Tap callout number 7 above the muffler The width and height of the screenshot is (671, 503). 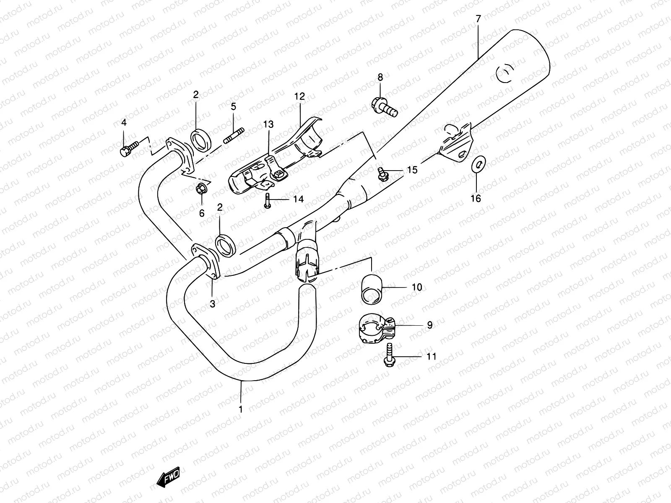tap(478, 18)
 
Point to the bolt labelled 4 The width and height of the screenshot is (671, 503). tap(127, 148)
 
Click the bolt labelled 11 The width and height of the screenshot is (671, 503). tap(388, 357)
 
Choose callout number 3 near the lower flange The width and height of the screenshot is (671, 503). tap(212, 304)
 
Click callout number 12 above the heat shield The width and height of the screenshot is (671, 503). tap(299, 96)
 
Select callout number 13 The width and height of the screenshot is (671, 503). tap(268, 124)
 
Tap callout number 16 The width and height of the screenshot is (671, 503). tap(476, 198)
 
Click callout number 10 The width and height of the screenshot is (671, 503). tap(416, 288)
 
